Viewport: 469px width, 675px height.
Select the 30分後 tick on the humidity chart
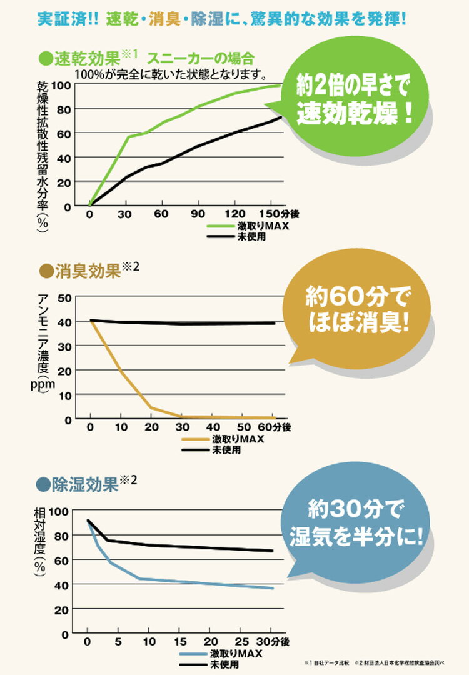275,642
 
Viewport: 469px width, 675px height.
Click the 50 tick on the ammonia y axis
64,297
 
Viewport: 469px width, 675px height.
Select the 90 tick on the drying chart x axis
199,214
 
